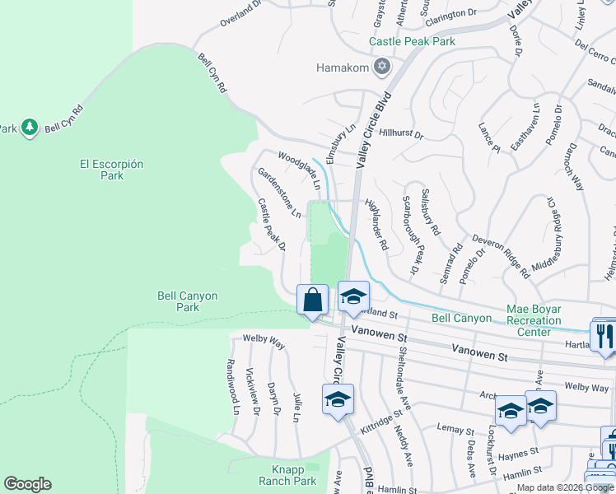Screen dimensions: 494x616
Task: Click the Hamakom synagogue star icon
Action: (381, 66)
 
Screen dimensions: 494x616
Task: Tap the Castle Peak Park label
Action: (412, 41)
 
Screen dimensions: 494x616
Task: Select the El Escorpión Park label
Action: (112, 170)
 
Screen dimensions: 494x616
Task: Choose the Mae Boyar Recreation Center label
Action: (539, 320)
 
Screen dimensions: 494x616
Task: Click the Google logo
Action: (27, 484)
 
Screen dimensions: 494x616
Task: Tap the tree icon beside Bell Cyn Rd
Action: (30, 127)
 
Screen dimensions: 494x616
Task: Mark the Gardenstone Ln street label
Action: (279, 192)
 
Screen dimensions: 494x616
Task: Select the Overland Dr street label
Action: (240, 15)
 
